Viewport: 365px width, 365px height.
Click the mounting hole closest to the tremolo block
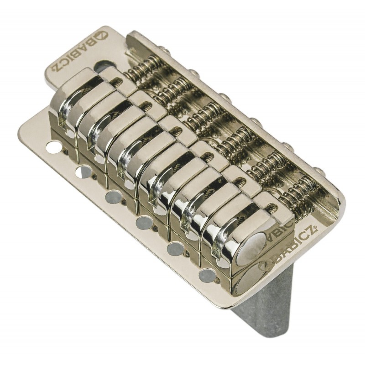click(x=208, y=275)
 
